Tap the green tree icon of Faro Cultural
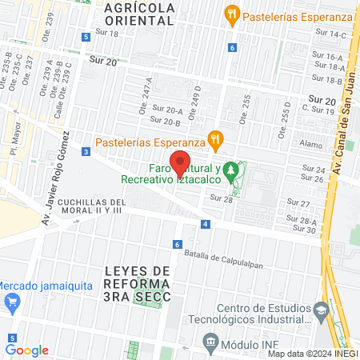230,170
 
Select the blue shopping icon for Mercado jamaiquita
11,302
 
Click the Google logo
27,350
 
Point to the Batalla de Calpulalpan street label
222,257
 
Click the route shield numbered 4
206,224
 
